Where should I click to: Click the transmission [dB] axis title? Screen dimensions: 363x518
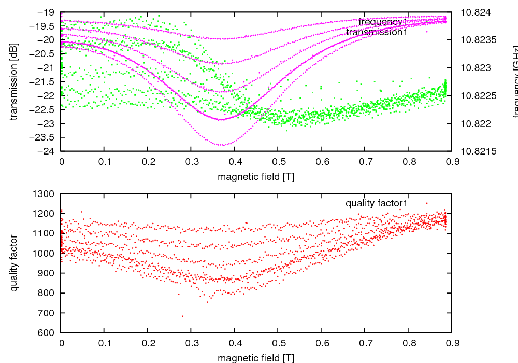point(14,81)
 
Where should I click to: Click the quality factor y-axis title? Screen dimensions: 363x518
point(14,263)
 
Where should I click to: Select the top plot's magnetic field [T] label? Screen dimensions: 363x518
point(256,176)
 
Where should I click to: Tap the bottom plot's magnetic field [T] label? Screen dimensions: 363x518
point(256,358)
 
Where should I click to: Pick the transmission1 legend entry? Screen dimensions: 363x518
point(377,32)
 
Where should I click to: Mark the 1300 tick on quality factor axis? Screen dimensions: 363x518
point(44,194)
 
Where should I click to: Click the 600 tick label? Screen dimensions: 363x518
point(47,333)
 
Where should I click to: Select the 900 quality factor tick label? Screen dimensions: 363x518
point(47,273)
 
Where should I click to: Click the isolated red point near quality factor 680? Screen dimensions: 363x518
point(182,316)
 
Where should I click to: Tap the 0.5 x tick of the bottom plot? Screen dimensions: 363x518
point(278,343)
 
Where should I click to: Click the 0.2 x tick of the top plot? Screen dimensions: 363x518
point(148,161)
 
